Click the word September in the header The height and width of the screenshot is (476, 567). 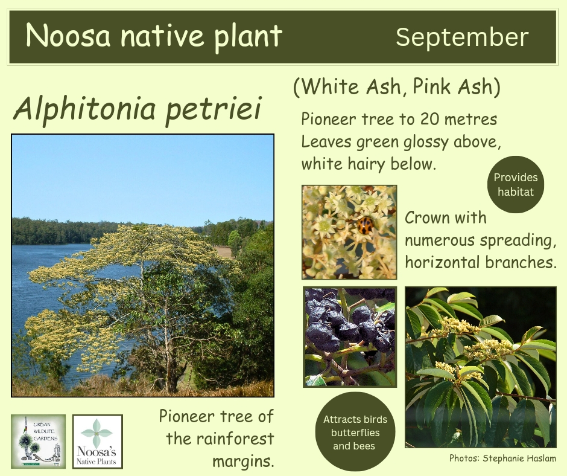coord(462,37)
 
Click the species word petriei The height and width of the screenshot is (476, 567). coord(213,109)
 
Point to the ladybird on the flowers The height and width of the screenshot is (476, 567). coord(366,225)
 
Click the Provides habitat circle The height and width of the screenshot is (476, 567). coord(516,184)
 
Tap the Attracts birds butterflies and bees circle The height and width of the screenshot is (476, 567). coord(355,432)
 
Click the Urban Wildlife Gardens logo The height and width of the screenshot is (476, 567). coord(39,441)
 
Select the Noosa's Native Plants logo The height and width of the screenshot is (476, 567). coord(98,441)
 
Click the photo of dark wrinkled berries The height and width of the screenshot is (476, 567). coord(350,336)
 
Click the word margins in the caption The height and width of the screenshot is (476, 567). coord(242,462)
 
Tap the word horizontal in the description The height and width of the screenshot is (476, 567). coord(442,262)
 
